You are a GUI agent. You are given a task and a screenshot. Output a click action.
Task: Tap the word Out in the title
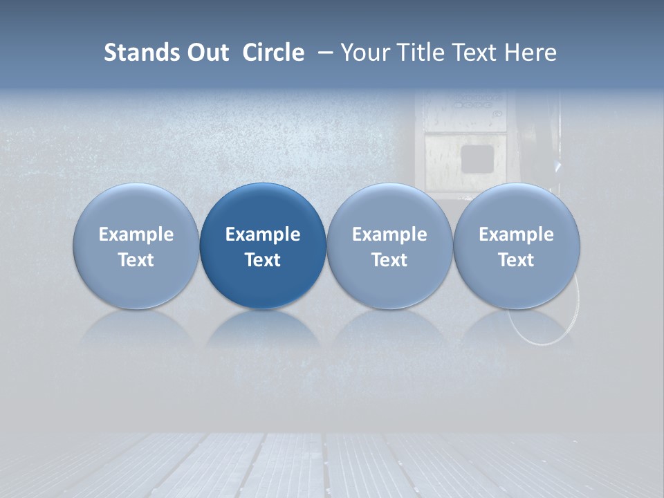pos(205,53)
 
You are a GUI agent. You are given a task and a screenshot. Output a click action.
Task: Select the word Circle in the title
pos(273,53)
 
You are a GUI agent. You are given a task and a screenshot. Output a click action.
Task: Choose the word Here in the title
pos(528,53)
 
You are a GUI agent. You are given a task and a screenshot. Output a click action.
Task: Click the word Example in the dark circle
pos(263,234)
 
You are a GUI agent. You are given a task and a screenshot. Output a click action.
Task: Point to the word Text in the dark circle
pos(263,260)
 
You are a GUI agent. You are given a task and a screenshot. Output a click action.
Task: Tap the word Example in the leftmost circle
pos(136,234)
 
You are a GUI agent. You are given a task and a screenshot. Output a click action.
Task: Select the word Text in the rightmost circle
pos(516,260)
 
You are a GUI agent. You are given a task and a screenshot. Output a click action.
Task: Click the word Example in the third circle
pos(389,234)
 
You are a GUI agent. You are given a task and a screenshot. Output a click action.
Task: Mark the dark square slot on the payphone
pos(477,158)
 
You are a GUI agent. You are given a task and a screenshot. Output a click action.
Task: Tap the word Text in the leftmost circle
pos(136,260)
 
